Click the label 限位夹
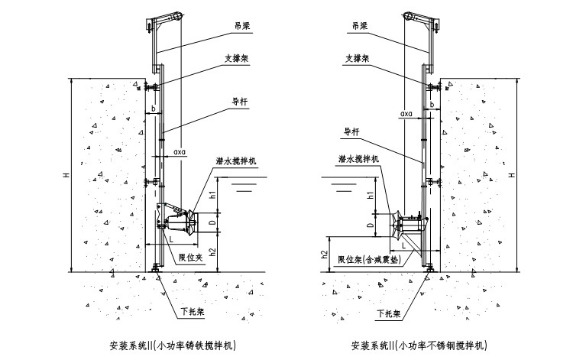[189, 257]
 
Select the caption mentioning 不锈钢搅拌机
[417, 345]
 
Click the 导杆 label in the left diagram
[239, 99]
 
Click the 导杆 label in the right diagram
[351, 131]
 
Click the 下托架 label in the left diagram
[192, 313]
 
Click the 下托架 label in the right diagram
[390, 313]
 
